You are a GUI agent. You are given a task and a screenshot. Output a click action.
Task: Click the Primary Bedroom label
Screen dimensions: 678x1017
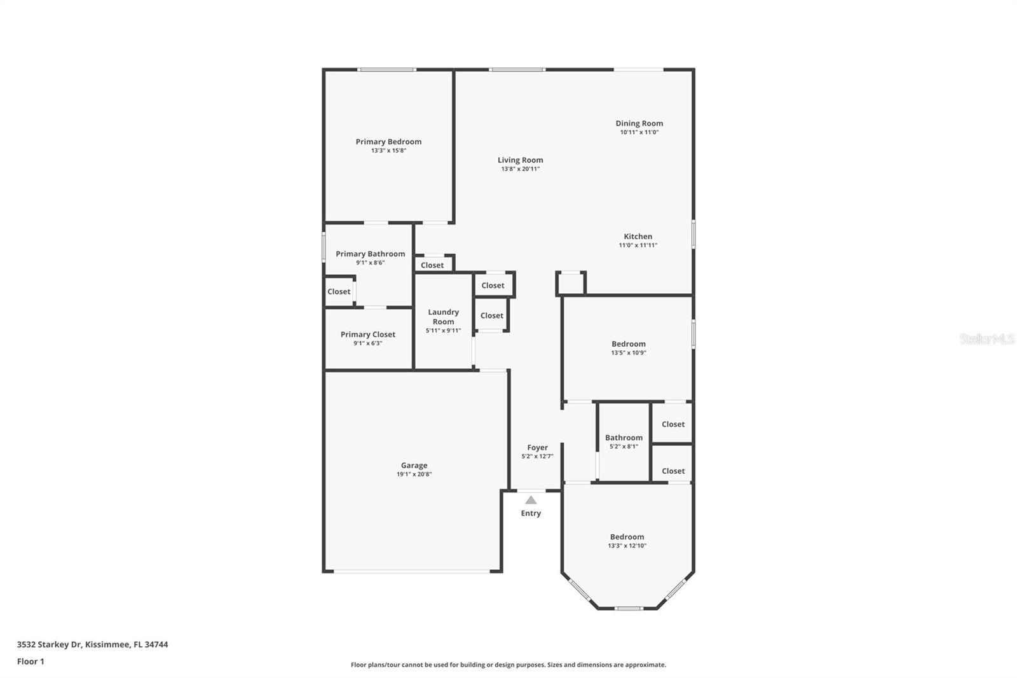(x=388, y=142)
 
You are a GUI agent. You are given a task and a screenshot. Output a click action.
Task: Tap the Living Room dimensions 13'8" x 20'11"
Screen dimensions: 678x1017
(x=520, y=169)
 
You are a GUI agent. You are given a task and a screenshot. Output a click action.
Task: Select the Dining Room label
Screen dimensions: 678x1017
(x=639, y=123)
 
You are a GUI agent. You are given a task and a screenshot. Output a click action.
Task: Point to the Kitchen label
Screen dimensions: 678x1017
(x=638, y=237)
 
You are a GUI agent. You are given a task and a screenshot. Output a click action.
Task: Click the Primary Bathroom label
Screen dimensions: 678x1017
(x=370, y=254)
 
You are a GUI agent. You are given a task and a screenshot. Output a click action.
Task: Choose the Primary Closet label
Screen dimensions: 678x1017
(x=367, y=335)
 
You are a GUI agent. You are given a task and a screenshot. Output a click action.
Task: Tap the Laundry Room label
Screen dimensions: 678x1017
(x=443, y=317)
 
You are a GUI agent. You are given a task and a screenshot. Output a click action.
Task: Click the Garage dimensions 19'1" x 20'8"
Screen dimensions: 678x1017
(x=414, y=474)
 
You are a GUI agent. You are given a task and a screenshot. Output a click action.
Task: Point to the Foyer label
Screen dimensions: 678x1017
(x=537, y=448)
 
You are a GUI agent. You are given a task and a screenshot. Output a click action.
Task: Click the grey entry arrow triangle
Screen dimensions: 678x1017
(x=531, y=500)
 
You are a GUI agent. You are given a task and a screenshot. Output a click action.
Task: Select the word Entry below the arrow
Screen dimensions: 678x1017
(x=531, y=513)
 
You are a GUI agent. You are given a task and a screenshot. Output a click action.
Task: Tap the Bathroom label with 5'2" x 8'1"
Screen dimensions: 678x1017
(x=624, y=438)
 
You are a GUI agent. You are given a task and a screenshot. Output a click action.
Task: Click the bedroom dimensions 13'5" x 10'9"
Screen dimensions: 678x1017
(x=628, y=353)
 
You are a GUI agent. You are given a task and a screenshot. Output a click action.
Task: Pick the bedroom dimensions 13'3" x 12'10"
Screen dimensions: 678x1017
(x=627, y=546)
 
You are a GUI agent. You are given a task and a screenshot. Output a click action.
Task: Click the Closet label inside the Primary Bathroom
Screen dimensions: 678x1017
(x=339, y=292)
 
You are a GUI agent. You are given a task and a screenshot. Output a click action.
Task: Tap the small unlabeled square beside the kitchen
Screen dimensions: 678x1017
(x=571, y=284)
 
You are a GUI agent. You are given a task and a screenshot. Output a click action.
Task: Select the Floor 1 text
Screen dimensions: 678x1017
(x=31, y=661)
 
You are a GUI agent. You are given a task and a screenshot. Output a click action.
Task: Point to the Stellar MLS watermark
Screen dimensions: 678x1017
(x=986, y=339)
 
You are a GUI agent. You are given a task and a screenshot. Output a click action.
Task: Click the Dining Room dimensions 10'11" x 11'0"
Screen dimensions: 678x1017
(x=639, y=132)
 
